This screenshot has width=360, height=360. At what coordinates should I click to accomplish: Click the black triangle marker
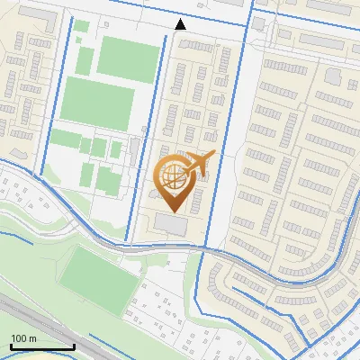pos(180,24)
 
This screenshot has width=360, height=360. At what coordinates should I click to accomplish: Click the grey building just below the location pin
pos(175,225)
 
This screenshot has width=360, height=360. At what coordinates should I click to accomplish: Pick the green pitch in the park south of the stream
pos(97,274)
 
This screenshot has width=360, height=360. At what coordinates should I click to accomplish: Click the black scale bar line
pos(42,346)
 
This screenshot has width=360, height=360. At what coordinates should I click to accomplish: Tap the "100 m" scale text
pos(23,338)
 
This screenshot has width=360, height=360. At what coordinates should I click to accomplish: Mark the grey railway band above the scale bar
pos(36,315)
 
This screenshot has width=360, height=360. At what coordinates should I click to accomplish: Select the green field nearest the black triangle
pos(127,59)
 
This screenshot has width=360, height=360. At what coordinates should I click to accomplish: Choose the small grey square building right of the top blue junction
pos(261,24)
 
